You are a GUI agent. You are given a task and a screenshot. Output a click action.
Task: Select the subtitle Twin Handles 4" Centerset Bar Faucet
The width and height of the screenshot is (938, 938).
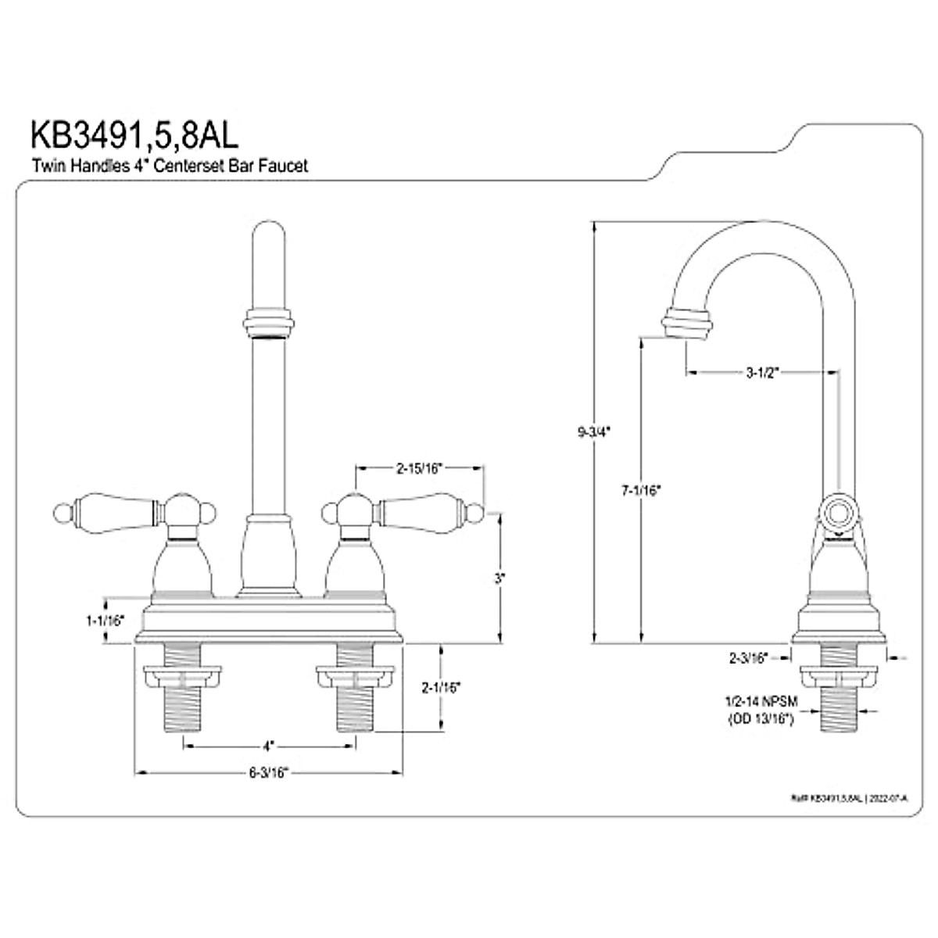point(170,166)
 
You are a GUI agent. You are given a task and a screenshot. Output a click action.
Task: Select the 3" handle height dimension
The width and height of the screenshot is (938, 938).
point(499,578)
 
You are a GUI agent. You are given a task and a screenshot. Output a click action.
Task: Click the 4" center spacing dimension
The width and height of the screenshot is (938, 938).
point(268,745)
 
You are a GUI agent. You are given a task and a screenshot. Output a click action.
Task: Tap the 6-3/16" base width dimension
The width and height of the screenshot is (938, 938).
point(269,773)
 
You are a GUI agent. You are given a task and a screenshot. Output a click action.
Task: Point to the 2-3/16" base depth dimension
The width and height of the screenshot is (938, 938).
point(749,657)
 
